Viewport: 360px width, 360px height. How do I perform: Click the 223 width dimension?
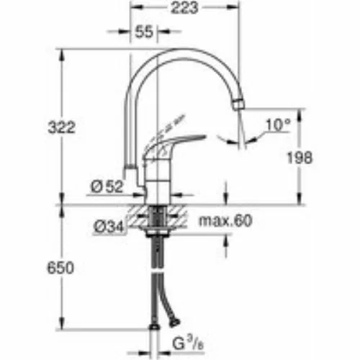click(184, 7)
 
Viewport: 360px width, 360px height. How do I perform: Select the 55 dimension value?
click(144, 32)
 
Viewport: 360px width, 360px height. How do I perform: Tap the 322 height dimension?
click(62, 127)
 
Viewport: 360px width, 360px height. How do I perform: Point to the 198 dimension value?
click(300, 158)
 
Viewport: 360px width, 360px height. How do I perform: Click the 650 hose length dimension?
click(60, 268)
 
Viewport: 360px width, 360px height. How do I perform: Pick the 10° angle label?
click(278, 125)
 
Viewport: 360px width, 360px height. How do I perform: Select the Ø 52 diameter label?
click(107, 186)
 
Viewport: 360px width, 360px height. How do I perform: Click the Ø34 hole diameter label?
click(109, 226)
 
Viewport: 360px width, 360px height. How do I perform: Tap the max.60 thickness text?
click(225, 220)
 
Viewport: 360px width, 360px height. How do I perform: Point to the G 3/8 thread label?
click(188, 343)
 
